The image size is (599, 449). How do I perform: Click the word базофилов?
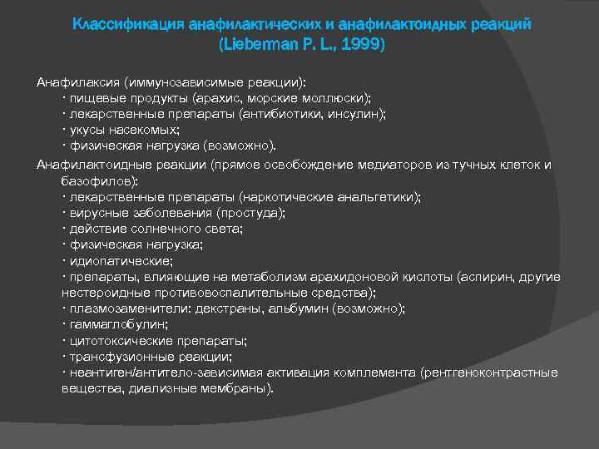(101, 180)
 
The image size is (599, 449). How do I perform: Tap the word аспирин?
(494, 277)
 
